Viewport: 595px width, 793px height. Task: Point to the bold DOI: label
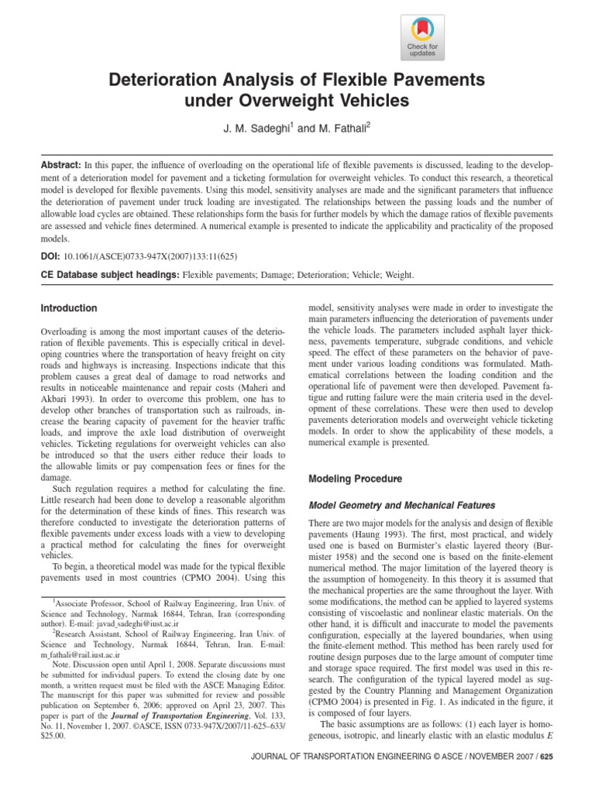(50, 256)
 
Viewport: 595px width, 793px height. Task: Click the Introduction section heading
(69, 308)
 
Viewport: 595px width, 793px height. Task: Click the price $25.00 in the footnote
(52, 736)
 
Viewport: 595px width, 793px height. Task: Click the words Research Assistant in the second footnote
(85, 633)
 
